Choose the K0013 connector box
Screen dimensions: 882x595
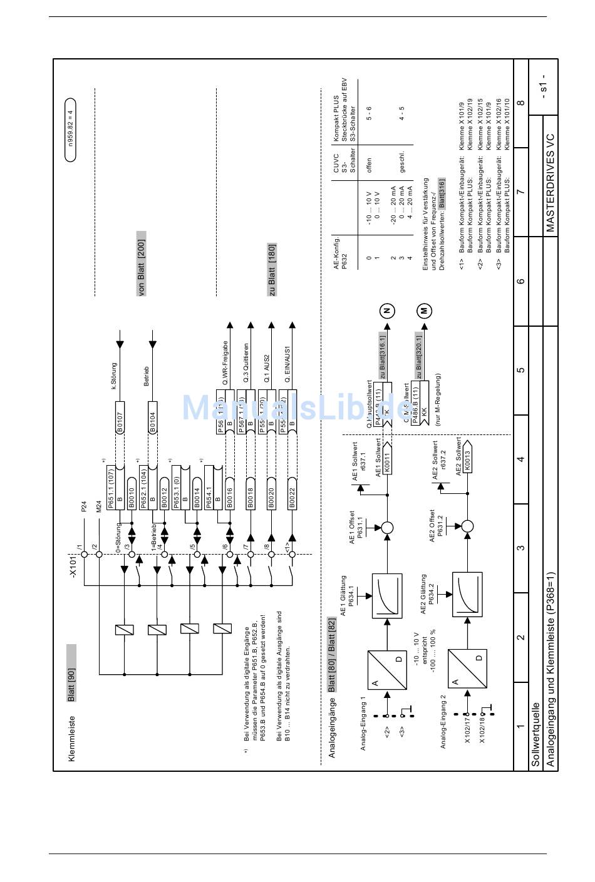467,459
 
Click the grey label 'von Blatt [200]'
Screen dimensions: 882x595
142,264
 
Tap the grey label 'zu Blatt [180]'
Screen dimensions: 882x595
272,269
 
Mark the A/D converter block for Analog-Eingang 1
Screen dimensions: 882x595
386,670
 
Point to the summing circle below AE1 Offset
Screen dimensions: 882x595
387,528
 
